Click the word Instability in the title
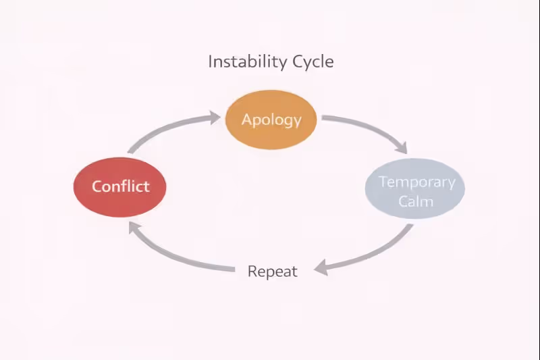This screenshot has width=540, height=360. point(247,61)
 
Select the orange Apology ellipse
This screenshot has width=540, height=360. point(271,120)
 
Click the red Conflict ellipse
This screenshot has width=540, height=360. point(119,186)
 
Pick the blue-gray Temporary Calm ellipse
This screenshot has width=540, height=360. point(415,190)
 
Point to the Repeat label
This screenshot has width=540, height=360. point(272,272)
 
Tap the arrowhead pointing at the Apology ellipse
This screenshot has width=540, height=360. point(214,118)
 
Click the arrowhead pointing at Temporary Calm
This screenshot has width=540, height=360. point(402,147)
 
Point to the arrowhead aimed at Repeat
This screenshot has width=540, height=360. point(323,267)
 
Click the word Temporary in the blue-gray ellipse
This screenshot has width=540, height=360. point(416,182)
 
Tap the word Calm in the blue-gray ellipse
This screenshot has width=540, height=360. point(416,201)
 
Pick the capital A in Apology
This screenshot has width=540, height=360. point(247,120)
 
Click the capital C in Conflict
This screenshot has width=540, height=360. point(97,186)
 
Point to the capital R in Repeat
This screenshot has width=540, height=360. point(252,272)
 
